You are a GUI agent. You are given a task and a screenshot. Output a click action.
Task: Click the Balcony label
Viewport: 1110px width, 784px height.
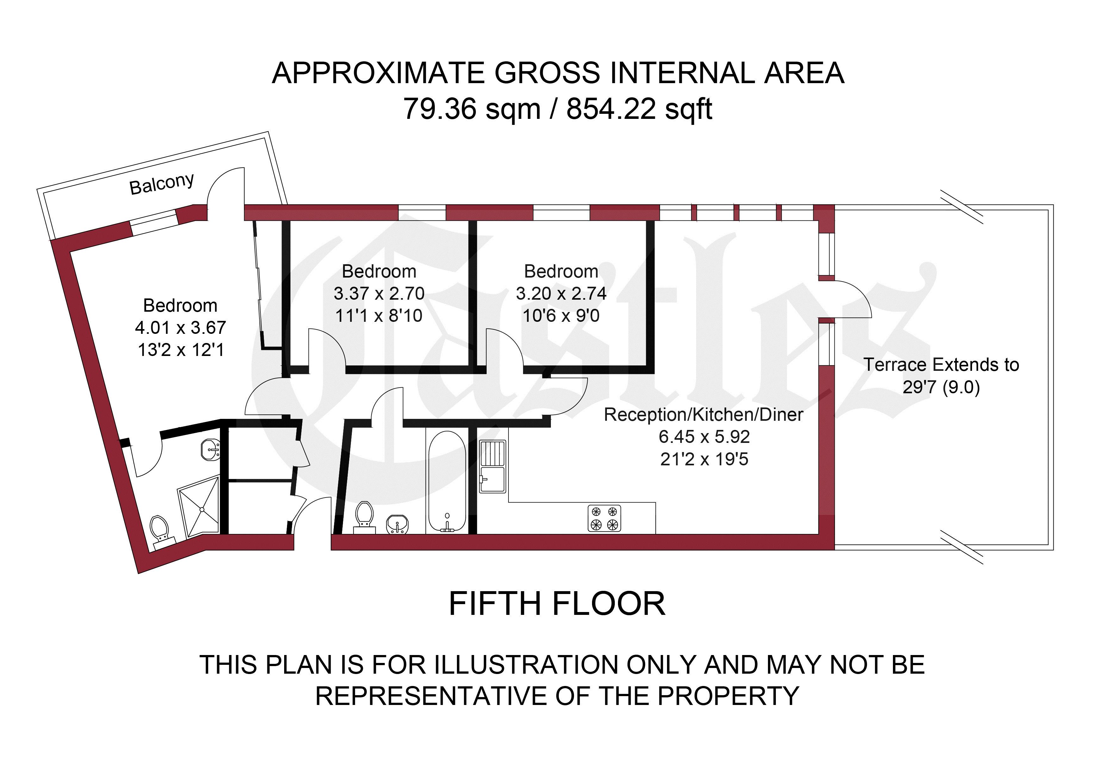click(x=162, y=184)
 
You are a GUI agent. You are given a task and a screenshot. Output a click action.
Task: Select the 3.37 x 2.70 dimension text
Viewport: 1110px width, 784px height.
click(x=379, y=293)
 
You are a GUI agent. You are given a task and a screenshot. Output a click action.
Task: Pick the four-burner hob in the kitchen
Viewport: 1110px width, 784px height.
click(x=604, y=518)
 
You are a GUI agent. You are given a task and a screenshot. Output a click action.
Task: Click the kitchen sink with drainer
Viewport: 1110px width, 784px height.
click(x=493, y=466)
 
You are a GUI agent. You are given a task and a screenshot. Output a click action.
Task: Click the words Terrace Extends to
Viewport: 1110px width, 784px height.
click(x=941, y=365)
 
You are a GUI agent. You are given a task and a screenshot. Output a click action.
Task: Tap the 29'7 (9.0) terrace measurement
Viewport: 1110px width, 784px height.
click(x=941, y=387)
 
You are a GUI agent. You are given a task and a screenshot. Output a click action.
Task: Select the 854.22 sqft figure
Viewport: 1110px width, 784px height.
click(x=639, y=109)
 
